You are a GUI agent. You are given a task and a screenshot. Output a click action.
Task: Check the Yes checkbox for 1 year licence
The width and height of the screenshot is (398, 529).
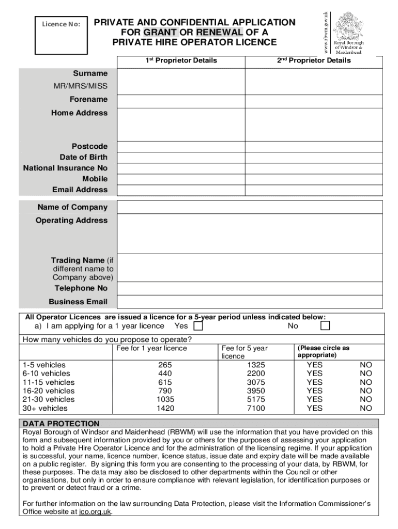pyautogui.click(x=198, y=326)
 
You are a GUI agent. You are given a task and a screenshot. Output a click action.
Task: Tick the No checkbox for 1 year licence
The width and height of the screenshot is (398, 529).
pyautogui.click(x=325, y=326)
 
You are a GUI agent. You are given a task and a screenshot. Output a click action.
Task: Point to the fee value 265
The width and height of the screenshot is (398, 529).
pyautogui.click(x=165, y=365)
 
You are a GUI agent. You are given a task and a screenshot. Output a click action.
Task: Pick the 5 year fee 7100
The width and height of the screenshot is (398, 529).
pyautogui.click(x=256, y=408)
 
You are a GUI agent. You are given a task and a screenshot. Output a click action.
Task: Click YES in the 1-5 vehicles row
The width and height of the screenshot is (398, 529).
pyautogui.click(x=314, y=365)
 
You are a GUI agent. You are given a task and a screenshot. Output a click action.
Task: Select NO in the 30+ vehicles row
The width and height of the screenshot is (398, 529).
pyautogui.click(x=366, y=408)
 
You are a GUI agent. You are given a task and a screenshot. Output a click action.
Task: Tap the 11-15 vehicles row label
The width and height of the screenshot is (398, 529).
pyautogui.click(x=48, y=382)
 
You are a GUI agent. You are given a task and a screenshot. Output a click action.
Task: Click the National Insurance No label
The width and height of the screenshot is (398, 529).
pyautogui.click(x=66, y=168)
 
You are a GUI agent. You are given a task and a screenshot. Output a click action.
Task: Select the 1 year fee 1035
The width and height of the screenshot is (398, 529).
pyautogui.click(x=165, y=399)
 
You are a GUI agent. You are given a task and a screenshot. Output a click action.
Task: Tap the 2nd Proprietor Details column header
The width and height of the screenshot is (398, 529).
pyautogui.click(x=313, y=60)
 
